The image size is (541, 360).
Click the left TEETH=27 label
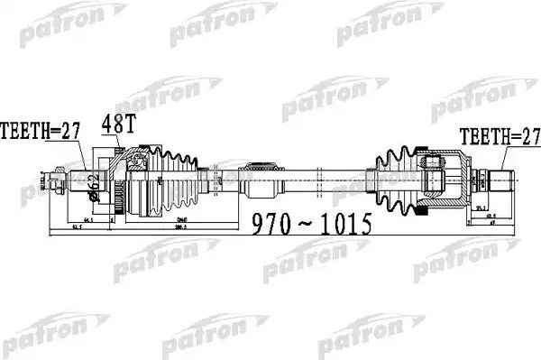(x=41, y=131)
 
